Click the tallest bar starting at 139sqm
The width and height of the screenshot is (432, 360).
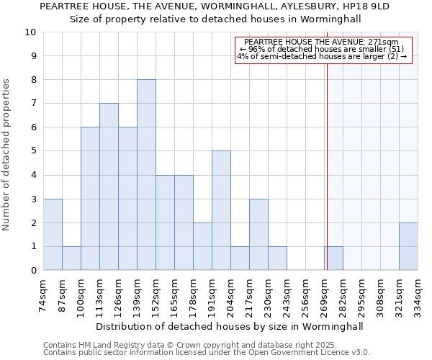point(146,175)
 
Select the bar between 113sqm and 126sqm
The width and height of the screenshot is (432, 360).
point(109,186)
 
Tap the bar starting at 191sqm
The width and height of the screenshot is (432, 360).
point(221,210)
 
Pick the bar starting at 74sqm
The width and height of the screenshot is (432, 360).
point(53,234)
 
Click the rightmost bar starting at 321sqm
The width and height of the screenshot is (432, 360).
point(408,246)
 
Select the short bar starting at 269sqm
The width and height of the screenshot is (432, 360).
point(333,258)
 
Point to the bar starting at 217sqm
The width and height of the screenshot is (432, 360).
point(258,234)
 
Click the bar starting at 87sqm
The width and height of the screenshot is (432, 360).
point(71,258)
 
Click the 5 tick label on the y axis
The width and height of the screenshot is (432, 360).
point(33,151)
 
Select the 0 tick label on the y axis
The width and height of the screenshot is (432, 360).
point(33,271)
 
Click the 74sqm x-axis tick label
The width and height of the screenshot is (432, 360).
point(44,295)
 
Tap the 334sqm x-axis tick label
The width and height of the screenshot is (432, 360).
point(418,295)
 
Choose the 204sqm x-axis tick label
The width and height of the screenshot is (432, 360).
point(231,295)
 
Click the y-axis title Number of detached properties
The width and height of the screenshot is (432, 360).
point(7,155)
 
